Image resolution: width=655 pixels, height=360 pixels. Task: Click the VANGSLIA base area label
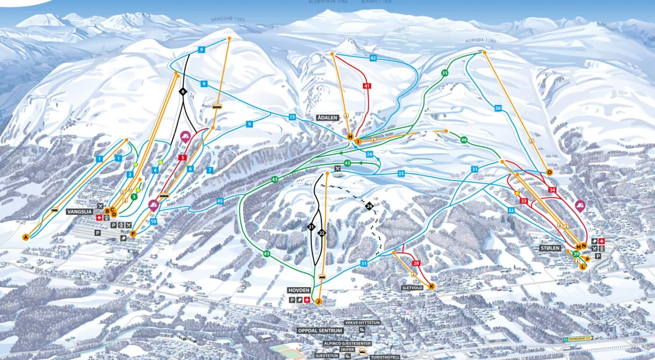click(79, 212)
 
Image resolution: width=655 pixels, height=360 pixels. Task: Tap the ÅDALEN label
click(327, 118)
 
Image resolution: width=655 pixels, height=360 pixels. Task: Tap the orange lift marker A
click(26, 237)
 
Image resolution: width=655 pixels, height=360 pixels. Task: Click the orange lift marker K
click(431, 286)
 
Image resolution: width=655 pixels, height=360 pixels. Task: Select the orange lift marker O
click(549, 172)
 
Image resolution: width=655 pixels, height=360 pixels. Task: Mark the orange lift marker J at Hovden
click(318, 301)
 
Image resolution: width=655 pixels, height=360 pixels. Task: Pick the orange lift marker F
click(133, 234)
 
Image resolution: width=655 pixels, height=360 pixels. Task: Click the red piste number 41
click(367, 87)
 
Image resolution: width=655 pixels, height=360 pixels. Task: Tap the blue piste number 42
click(373, 59)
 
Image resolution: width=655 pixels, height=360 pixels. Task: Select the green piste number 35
click(445, 73)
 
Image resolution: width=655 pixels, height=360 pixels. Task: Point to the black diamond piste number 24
click(369, 206)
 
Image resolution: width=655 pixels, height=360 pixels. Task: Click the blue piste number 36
click(498, 108)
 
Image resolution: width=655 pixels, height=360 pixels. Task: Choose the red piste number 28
click(416, 263)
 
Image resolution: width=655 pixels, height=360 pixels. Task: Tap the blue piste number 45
click(220, 200)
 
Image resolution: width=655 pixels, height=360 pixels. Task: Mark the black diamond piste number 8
click(183, 91)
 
